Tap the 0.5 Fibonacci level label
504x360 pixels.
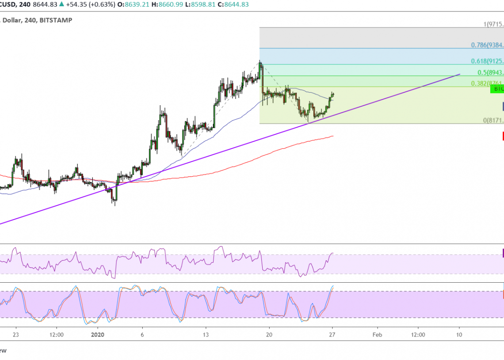tap(490, 72)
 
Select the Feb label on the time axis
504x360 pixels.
tap(377, 335)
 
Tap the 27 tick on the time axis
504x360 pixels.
tap(332, 335)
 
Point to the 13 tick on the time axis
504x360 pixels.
tap(206, 335)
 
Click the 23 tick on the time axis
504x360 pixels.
tap(16, 335)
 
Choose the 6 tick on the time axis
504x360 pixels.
tap(142, 335)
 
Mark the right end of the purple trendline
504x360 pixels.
tap(460, 74)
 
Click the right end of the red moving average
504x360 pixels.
tap(333, 136)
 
